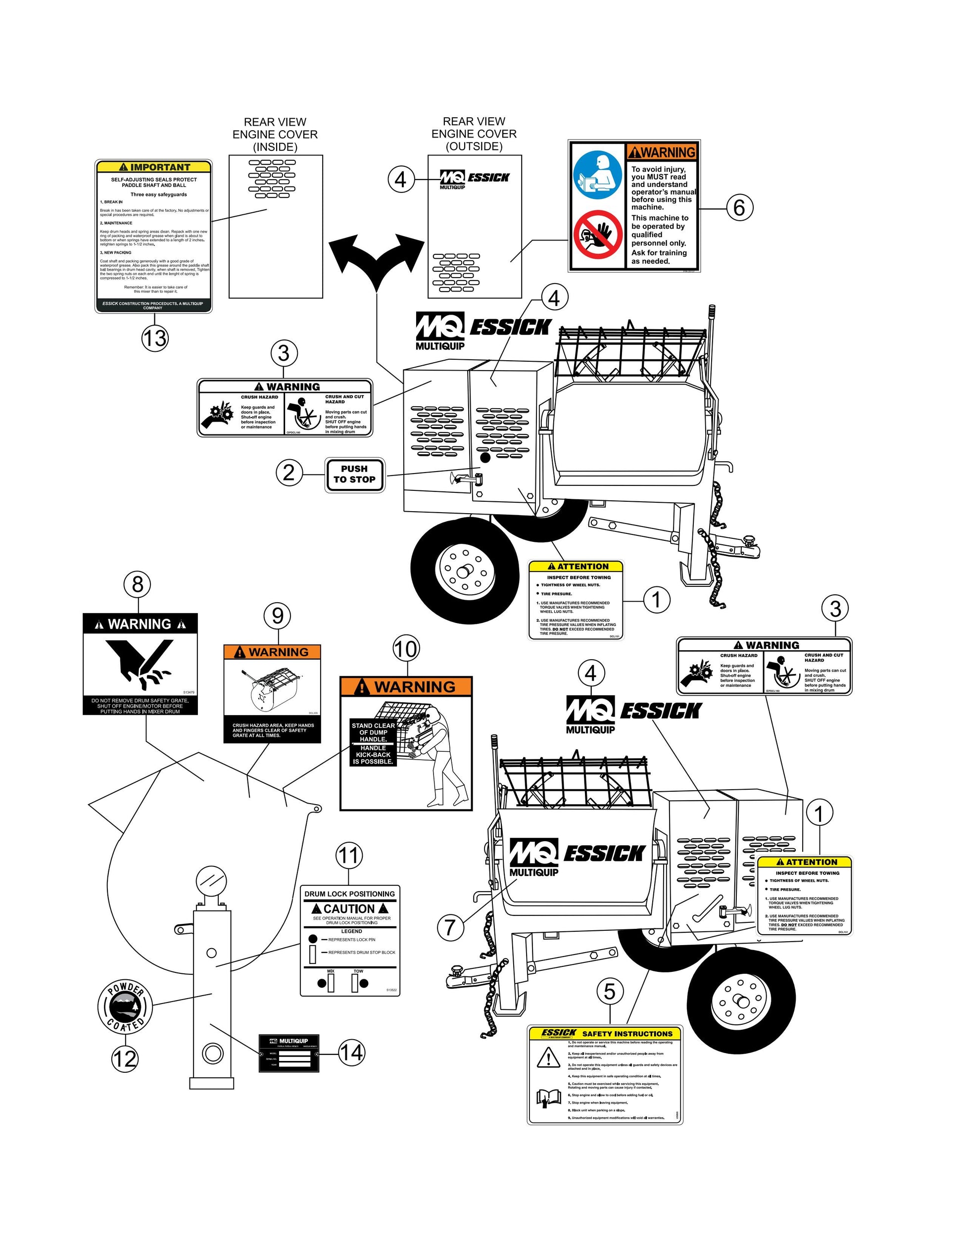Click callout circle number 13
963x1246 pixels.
(154, 338)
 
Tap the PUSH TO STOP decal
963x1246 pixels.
(354, 474)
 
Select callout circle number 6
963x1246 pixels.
(739, 207)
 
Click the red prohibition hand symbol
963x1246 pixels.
(597, 235)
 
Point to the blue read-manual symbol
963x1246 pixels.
(597, 175)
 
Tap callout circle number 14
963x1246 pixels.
(351, 1052)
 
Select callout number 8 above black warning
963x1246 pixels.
(138, 584)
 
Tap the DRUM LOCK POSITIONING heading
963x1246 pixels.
(349, 894)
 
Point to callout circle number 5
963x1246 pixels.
(610, 992)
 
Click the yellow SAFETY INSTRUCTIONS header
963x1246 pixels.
(605, 1033)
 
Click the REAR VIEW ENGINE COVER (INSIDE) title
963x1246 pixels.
(275, 135)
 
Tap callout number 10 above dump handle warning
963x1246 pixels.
(406, 649)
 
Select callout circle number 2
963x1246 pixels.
(289, 473)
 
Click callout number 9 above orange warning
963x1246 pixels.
(278, 616)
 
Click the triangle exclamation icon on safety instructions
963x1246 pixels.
(548, 1058)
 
